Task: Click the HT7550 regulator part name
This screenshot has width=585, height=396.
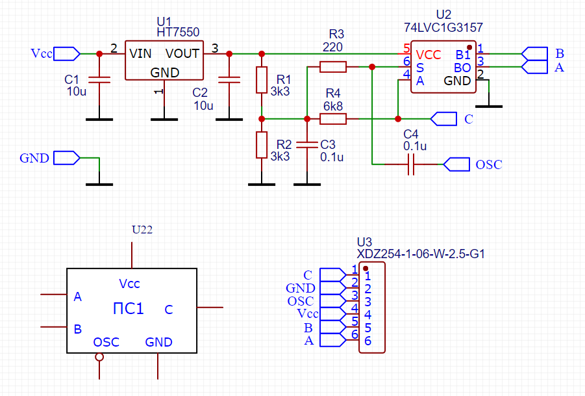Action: [178, 32]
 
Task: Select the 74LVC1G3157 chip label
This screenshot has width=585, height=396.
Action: [443, 28]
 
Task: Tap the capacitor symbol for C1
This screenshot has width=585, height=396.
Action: [99, 79]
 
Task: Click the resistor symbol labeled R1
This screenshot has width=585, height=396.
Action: [261, 79]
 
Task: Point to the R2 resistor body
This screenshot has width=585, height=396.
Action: [261, 145]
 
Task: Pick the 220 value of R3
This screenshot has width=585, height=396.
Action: [332, 47]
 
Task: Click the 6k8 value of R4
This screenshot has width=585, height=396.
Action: [332, 105]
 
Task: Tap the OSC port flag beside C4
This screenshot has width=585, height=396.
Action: [456, 165]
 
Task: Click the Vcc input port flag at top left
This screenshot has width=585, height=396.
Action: [66, 53]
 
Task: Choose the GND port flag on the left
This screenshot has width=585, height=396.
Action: [66, 157]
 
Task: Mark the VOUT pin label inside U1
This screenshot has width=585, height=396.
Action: [184, 53]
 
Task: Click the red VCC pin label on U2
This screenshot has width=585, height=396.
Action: [429, 54]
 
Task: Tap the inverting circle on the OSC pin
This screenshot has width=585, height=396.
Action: [99, 357]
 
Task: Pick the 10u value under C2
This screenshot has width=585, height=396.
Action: [203, 105]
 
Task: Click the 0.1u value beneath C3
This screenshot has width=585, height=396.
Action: [332, 157]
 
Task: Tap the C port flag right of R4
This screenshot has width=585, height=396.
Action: [443, 118]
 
